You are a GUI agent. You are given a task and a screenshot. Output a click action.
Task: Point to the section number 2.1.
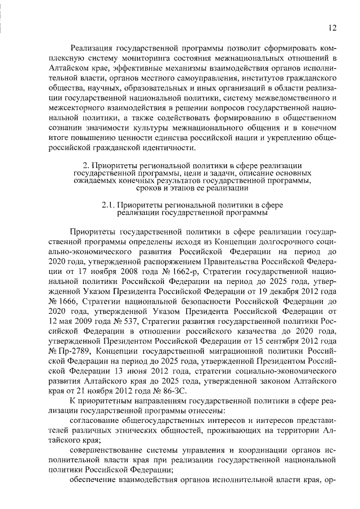(x=109, y=206)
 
